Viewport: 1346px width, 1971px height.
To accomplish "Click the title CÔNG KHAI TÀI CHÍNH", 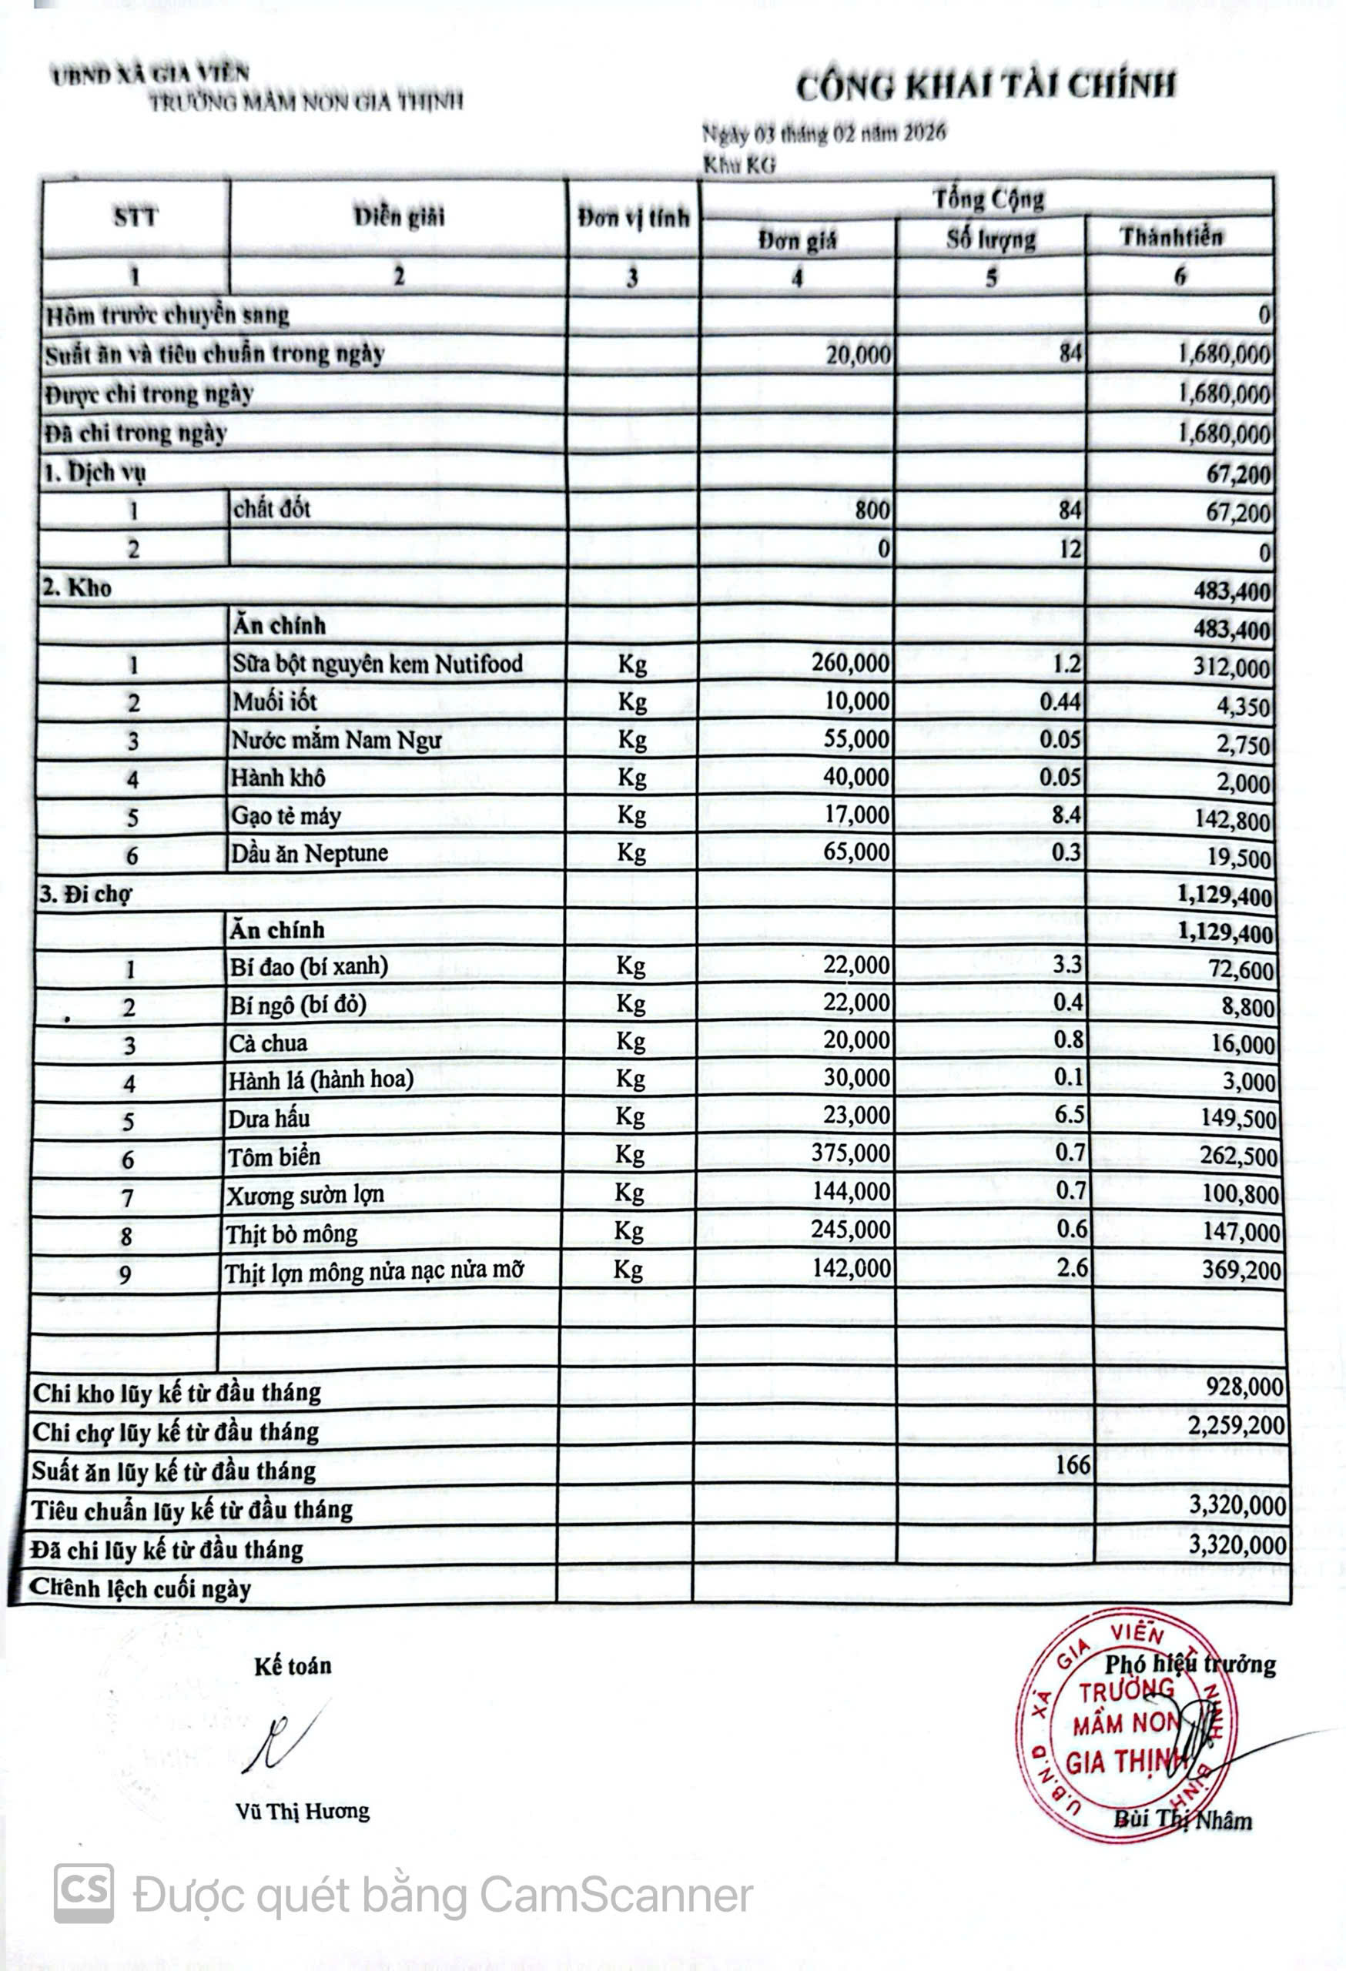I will pyautogui.click(x=986, y=86).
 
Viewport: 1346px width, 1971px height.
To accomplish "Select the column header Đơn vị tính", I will pyautogui.click(x=633, y=219).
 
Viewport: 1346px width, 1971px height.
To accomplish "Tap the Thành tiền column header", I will pyautogui.click(x=1171, y=236).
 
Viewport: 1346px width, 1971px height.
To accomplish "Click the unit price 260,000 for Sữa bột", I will pyautogui.click(x=850, y=662).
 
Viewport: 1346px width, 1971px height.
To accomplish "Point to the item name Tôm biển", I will pyautogui.click(x=274, y=1157).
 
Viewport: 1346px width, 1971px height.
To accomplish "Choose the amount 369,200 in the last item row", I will pyautogui.click(x=1241, y=1270).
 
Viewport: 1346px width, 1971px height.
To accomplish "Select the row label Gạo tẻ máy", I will pyautogui.click(x=286, y=816).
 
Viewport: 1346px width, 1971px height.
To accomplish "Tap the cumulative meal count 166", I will pyautogui.click(x=1072, y=1464).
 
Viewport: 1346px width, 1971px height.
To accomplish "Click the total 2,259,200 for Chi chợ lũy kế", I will pyautogui.click(x=1236, y=1426).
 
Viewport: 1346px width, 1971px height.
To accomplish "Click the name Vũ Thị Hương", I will pyautogui.click(x=303, y=1812).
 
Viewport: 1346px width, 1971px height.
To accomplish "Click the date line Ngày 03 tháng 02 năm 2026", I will pyautogui.click(x=824, y=133).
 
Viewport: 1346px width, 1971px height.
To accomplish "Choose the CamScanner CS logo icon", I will pyautogui.click(x=83, y=1893).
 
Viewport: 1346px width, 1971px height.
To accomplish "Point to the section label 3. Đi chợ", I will pyautogui.click(x=85, y=894).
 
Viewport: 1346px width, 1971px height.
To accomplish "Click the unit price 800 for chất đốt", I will pyautogui.click(x=872, y=510).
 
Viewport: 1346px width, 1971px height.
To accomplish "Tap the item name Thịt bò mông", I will pyautogui.click(x=291, y=1234).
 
